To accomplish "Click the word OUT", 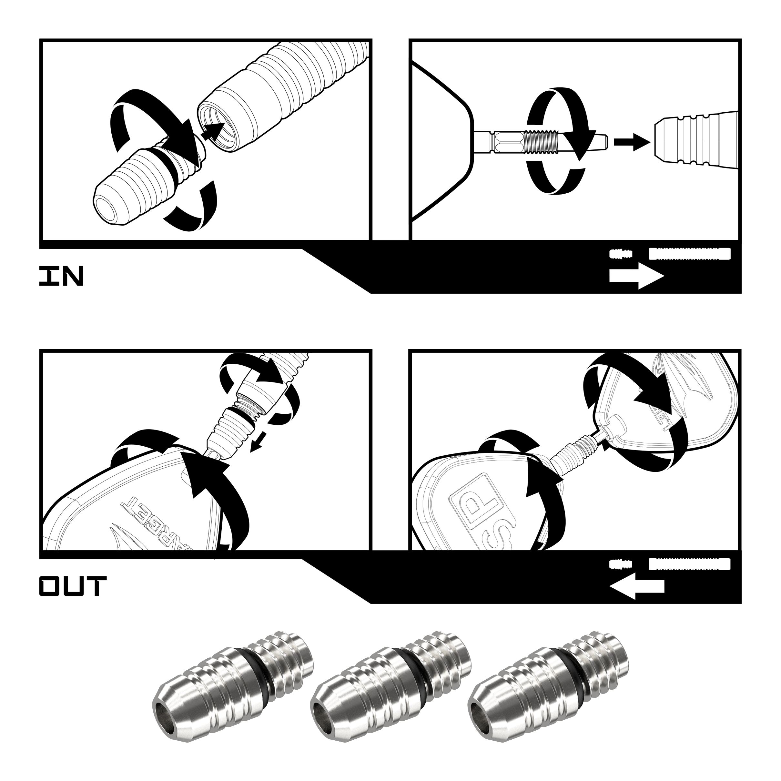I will (73, 587).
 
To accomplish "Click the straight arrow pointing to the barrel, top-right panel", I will (632, 142).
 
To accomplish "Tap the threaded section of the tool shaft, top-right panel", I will (542, 142).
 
